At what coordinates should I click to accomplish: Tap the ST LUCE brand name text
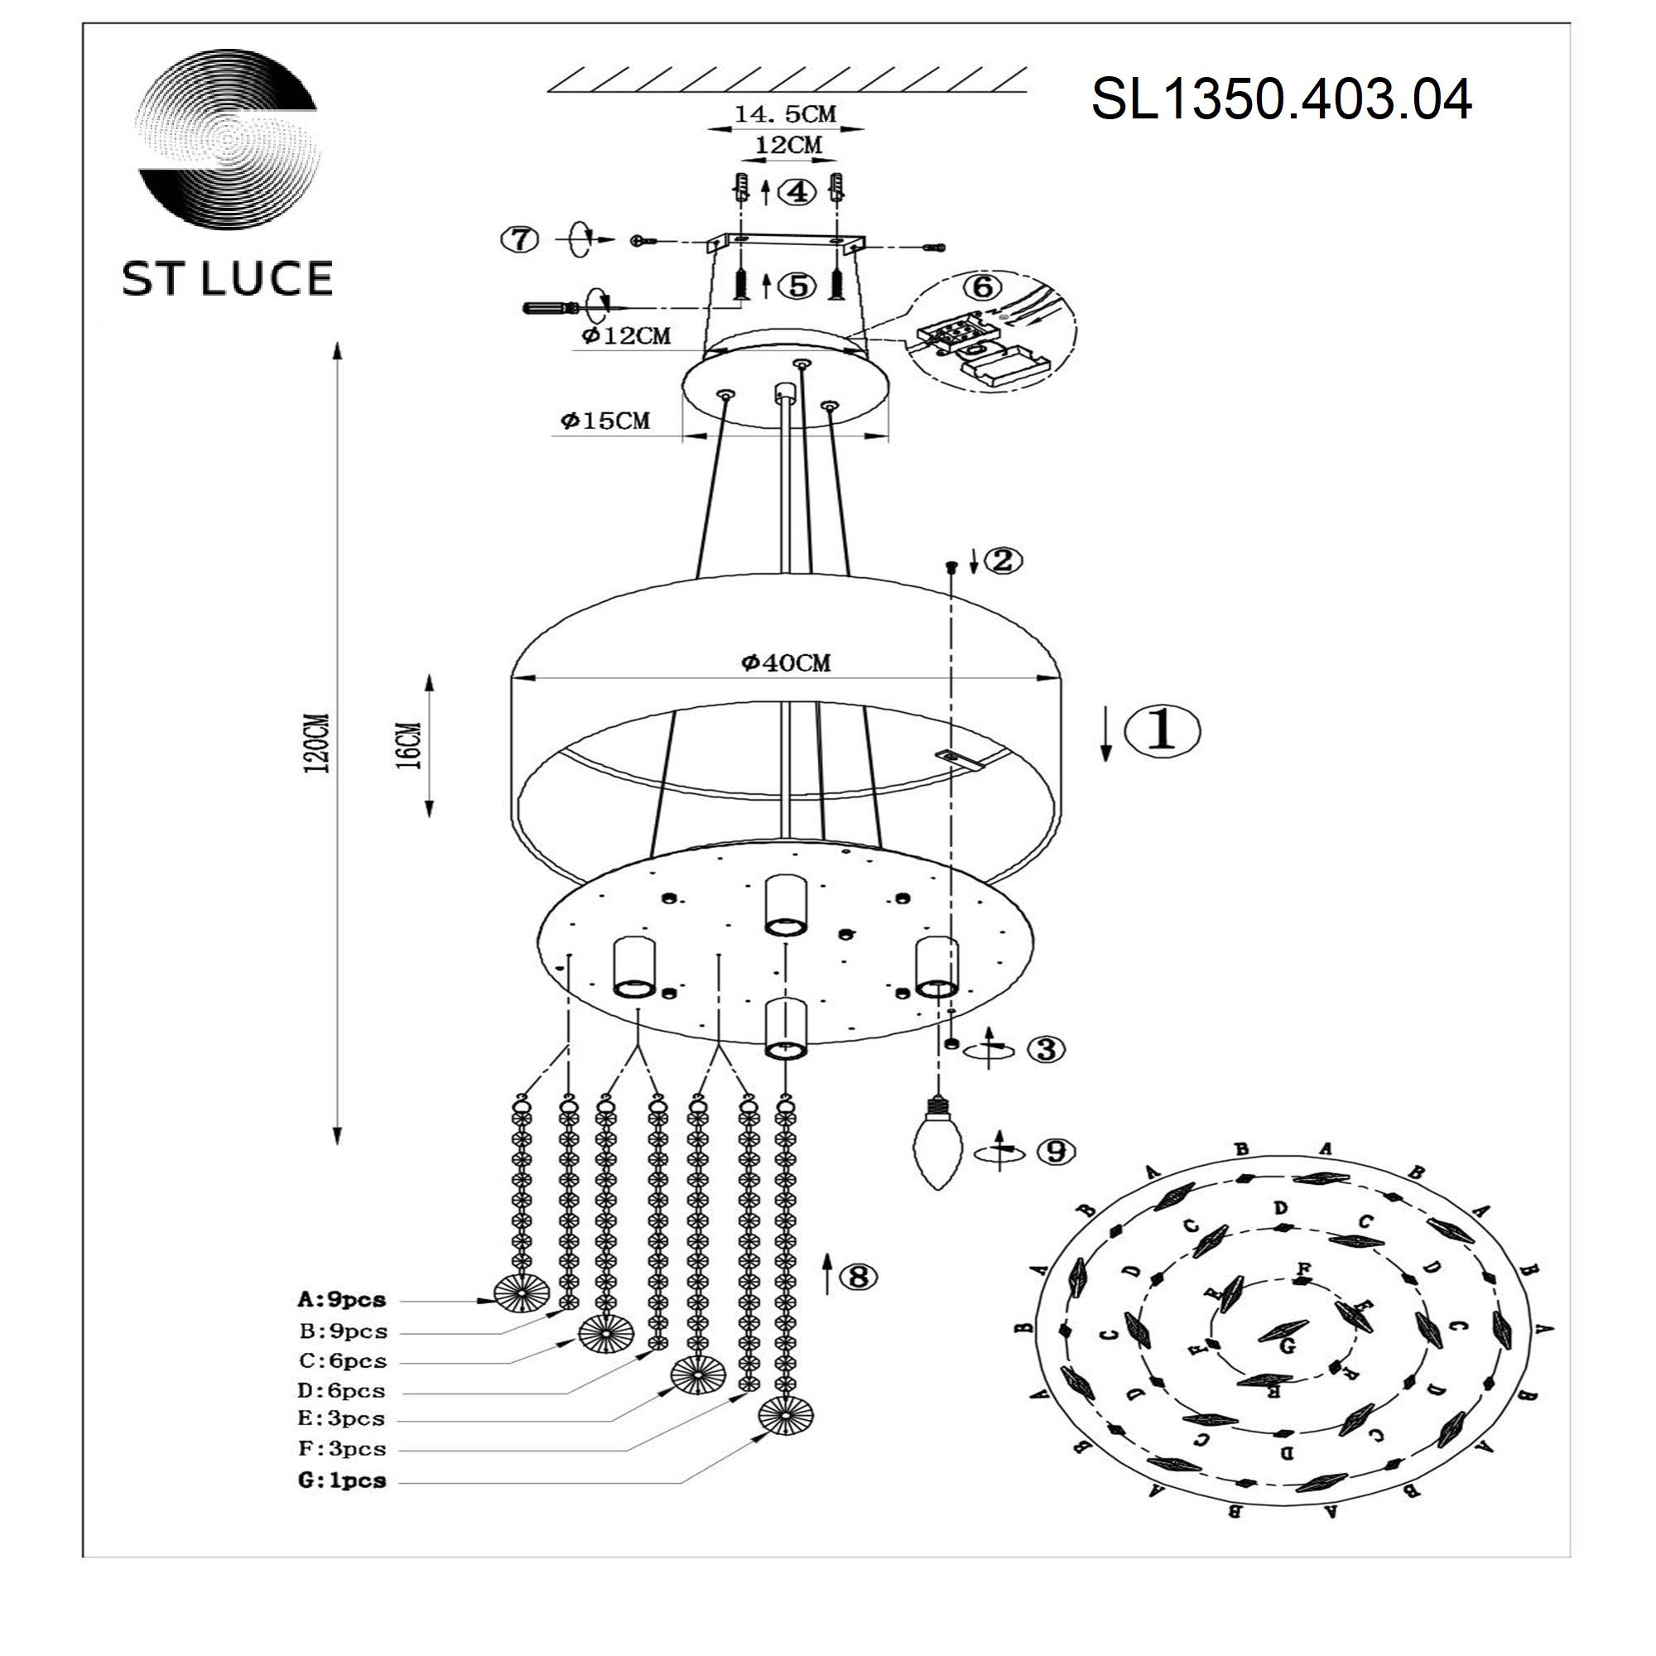(227, 279)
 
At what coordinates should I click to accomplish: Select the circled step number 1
(1162, 731)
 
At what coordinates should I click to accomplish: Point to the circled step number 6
(983, 286)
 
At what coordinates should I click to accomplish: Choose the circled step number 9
(1056, 1151)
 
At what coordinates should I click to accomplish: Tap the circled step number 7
(520, 239)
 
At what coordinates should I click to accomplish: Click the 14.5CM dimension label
(784, 114)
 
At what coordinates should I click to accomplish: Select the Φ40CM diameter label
(786, 662)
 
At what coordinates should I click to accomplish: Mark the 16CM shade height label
(411, 745)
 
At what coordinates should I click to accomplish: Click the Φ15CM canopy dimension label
(606, 421)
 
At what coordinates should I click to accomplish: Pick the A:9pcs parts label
(342, 1300)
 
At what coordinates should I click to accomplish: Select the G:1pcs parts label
(342, 1480)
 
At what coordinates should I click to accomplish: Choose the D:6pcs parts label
(342, 1390)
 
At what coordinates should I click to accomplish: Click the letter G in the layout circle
(1287, 1345)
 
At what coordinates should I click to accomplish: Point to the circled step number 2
(1004, 561)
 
